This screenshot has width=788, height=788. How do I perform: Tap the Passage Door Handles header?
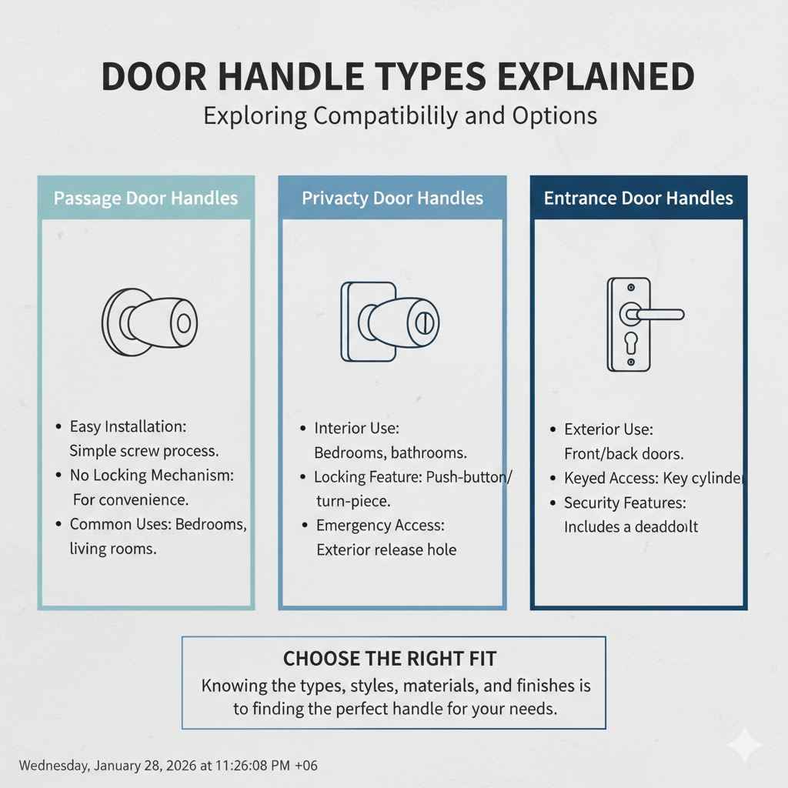click(x=145, y=198)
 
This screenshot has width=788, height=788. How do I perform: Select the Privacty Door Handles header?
click(x=392, y=198)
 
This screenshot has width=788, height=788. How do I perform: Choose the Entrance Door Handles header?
click(x=639, y=198)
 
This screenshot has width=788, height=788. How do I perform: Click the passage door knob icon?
click(x=150, y=322)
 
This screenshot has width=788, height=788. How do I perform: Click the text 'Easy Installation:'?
click(x=128, y=426)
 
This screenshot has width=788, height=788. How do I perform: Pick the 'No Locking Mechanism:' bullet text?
click(x=151, y=475)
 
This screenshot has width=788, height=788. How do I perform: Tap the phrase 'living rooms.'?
click(x=112, y=549)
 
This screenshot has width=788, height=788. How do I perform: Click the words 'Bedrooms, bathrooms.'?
click(x=390, y=452)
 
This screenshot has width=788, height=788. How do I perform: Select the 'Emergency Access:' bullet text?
click(x=380, y=526)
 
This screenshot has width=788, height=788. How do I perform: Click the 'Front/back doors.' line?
click(x=623, y=453)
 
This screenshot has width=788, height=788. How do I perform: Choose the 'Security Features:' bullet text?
click(x=625, y=503)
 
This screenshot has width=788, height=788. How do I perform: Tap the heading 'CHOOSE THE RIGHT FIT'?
click(x=390, y=659)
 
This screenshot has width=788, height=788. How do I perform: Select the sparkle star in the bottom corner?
click(x=746, y=746)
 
